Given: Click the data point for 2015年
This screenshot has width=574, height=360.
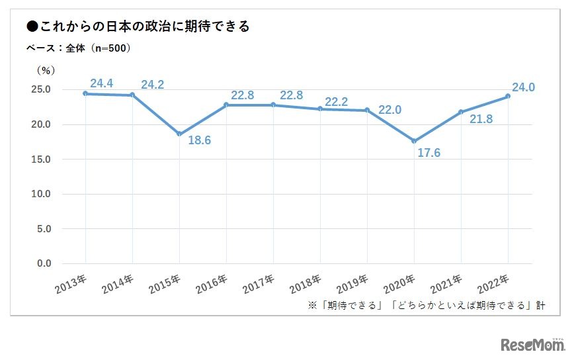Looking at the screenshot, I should (x=179, y=134).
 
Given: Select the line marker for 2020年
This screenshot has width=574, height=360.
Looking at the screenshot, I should (x=414, y=141).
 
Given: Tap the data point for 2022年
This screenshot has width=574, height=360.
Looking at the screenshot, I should (x=508, y=96).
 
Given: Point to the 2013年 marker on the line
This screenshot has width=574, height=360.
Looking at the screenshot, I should (x=85, y=93).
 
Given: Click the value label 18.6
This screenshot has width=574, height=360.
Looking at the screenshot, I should (x=199, y=140).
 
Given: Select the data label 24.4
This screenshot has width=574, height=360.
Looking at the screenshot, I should (x=102, y=83).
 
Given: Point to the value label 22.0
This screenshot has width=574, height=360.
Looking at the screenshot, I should (x=389, y=110).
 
